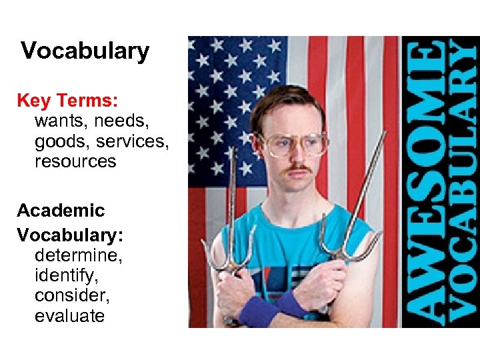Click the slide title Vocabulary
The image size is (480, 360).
coord(85,51)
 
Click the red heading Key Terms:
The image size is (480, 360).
coord(67,101)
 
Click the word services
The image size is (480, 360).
coord(133,141)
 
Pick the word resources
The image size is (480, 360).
coord(75,161)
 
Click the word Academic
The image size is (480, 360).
coord(61,211)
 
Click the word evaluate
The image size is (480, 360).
coord(69,315)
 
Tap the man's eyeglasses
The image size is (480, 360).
coord(293,143)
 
